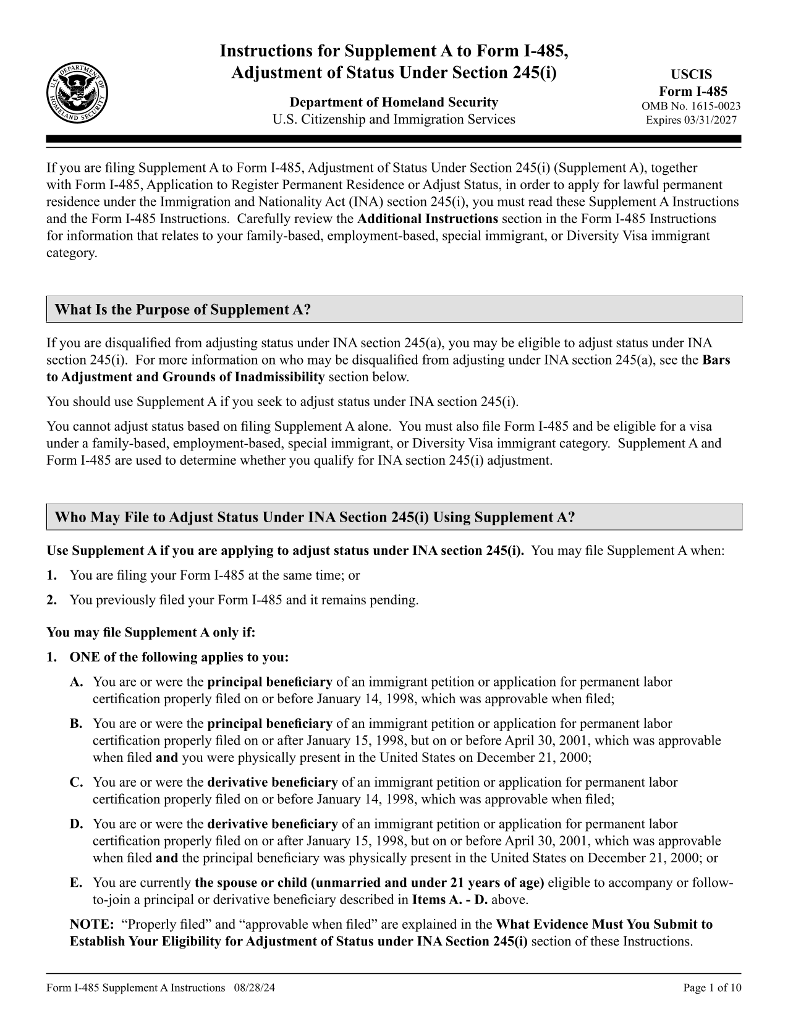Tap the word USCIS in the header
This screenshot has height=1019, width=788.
click(692, 75)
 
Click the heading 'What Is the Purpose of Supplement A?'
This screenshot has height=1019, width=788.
click(182, 310)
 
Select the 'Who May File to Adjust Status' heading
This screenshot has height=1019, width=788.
click(315, 517)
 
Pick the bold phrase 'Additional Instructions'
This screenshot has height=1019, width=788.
click(428, 219)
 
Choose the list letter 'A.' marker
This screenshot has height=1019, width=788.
click(76, 682)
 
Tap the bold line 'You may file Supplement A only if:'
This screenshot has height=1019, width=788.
click(151, 633)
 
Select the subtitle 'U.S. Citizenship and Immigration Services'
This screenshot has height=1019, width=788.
click(394, 119)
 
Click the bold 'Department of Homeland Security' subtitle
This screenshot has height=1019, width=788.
click(394, 102)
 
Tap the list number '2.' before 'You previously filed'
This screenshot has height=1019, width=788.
click(52, 600)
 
